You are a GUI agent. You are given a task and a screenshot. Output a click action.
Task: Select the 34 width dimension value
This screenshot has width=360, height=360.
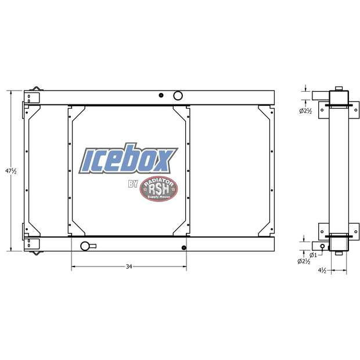point(129,267)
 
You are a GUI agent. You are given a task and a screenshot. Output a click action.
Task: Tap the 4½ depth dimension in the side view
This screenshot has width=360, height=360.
point(323,271)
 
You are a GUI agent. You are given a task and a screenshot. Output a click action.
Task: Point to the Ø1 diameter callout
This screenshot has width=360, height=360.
point(313,254)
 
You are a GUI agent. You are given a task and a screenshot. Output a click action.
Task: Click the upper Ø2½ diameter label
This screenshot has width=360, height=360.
point(306,111)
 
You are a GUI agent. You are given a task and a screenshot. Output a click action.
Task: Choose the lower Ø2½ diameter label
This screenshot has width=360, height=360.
point(306,262)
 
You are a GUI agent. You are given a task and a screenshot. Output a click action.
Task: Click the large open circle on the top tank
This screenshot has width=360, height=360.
point(178,95)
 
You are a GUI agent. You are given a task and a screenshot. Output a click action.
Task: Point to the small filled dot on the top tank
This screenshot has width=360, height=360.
point(161,95)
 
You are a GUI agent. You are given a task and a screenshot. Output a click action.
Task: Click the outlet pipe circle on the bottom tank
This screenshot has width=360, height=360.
point(85,246)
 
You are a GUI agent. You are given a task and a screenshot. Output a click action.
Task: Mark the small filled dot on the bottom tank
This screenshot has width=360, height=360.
point(183,249)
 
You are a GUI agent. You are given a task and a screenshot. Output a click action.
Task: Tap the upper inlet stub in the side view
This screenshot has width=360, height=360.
point(319,95)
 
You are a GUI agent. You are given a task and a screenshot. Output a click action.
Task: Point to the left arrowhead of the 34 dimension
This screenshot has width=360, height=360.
point(73,267)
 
